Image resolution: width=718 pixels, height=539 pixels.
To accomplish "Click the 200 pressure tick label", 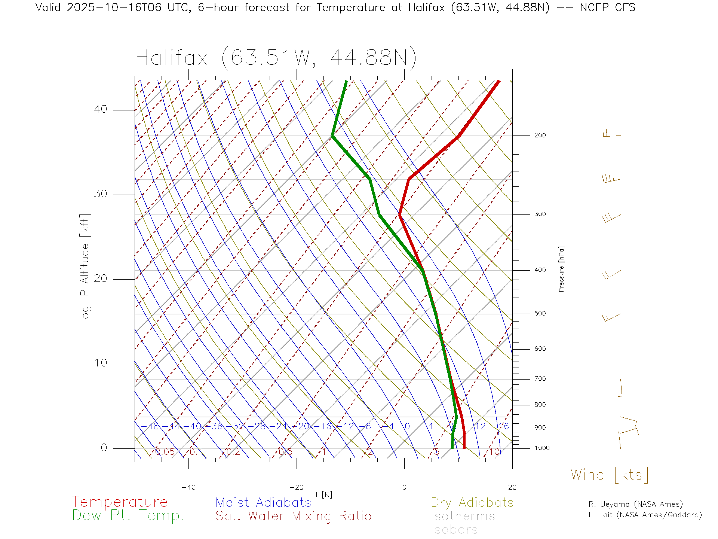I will point(540,135).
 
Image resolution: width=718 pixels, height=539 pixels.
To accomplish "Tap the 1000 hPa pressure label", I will point(542,448).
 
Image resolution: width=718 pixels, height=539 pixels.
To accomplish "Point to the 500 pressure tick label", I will point(540,313).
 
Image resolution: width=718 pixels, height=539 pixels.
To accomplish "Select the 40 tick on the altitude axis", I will point(101,109).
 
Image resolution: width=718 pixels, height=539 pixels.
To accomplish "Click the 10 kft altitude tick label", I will point(101,363).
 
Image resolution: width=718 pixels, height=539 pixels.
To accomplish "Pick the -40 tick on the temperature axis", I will point(188,487).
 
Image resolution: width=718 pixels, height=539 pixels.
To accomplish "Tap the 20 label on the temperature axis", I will point(512,487).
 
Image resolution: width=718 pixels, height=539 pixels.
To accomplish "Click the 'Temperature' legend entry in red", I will point(119,502).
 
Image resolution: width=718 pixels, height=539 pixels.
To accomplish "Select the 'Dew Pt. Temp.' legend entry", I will point(128,516).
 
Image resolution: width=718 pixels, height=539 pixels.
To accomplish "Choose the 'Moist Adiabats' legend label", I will point(263,502).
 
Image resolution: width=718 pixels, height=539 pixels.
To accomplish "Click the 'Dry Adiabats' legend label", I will point(472,502).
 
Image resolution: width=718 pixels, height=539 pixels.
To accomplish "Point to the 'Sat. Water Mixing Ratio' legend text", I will point(293,516).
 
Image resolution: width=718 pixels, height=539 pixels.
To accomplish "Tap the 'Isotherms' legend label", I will point(463,516).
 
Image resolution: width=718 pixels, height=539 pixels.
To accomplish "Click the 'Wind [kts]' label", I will point(609,475).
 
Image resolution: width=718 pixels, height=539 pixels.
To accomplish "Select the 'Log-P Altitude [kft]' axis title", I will point(85,269).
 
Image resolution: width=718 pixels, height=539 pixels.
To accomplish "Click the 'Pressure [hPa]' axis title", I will point(561,269).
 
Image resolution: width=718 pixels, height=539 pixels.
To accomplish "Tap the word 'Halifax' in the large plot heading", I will point(171,58).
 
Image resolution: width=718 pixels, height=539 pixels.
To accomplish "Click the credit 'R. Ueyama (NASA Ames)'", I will point(635,504).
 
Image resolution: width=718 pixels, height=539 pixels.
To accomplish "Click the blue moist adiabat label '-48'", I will point(153,426).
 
